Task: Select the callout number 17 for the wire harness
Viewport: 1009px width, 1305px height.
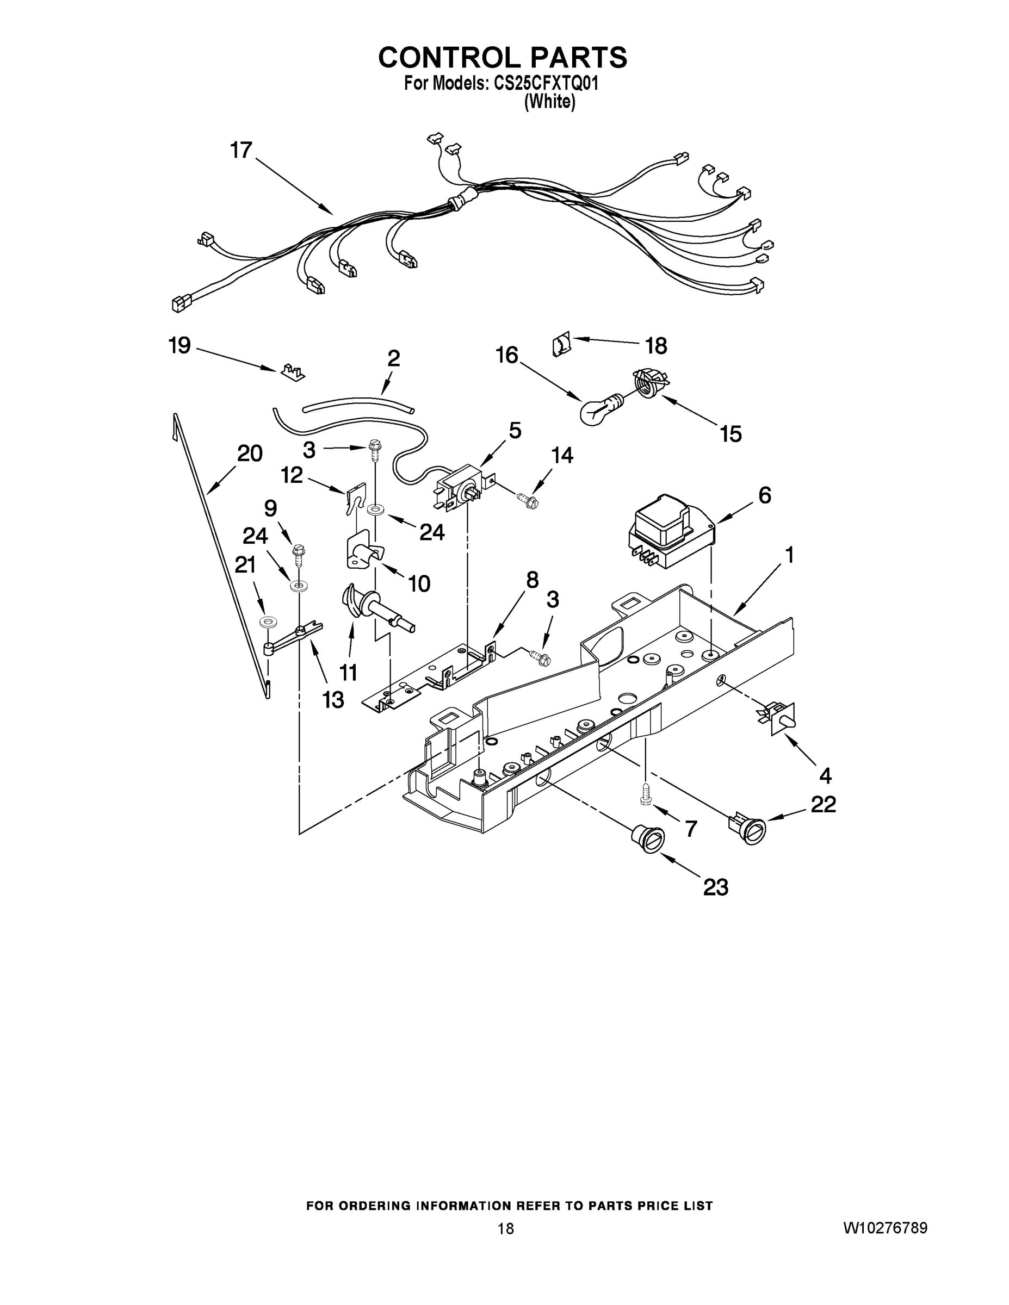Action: tap(242, 150)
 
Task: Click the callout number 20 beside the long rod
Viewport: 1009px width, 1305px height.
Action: tap(250, 453)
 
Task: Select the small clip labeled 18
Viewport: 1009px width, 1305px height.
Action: tap(561, 345)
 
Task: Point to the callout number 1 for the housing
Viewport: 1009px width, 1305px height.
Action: tap(789, 555)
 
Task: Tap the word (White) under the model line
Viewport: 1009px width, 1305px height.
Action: tap(549, 102)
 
